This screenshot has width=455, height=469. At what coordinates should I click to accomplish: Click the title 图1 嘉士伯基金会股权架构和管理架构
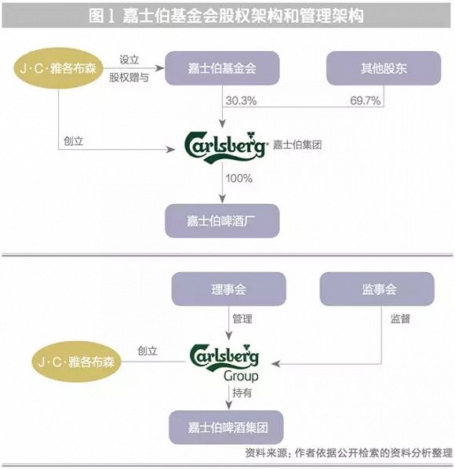(226, 15)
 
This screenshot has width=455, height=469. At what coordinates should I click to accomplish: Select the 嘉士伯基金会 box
(222, 68)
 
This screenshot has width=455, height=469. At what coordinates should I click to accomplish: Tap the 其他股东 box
(384, 68)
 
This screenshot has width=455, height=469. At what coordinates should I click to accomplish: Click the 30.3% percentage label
(241, 100)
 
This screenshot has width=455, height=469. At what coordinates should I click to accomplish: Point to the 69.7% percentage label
(366, 100)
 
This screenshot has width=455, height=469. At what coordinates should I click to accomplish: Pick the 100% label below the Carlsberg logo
(239, 179)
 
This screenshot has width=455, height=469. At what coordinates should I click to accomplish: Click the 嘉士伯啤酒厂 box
(222, 221)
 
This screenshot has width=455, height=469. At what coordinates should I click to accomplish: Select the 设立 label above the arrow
(129, 60)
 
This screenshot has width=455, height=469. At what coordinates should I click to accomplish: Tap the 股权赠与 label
(129, 78)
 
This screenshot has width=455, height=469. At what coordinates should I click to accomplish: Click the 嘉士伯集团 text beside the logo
(297, 145)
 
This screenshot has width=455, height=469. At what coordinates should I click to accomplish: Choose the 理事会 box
(228, 289)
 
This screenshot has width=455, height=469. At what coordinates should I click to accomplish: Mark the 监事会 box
(377, 289)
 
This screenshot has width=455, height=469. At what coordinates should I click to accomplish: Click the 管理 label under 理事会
(242, 319)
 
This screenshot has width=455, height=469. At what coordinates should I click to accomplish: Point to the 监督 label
(400, 319)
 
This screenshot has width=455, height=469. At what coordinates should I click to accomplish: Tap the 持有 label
(242, 393)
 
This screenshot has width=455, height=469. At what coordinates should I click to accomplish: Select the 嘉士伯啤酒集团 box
(227, 427)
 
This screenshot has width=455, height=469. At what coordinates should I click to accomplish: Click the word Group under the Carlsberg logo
(241, 376)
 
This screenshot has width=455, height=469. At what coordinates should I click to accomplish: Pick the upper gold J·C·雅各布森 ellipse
(58, 68)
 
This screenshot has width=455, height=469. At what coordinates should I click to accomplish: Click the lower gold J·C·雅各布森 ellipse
(77, 362)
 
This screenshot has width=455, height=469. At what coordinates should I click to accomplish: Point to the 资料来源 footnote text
(349, 453)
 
